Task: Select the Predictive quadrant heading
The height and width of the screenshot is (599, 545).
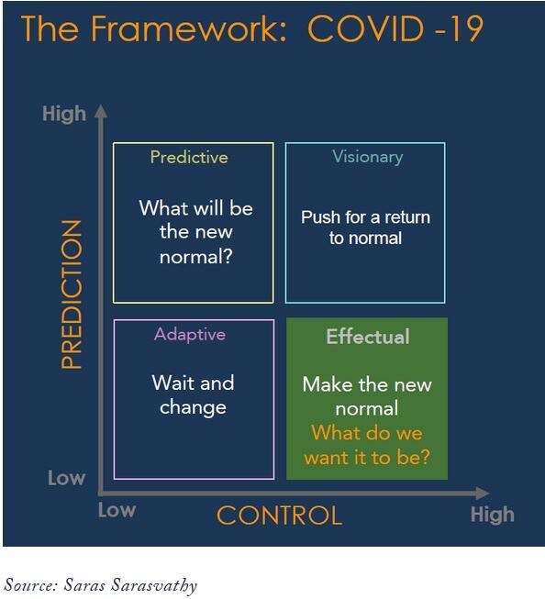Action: click(x=189, y=157)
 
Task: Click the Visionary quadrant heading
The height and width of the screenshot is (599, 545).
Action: click(x=367, y=157)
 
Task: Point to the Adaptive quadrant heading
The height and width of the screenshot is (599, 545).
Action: click(x=190, y=334)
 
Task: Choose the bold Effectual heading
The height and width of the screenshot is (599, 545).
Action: click(x=367, y=337)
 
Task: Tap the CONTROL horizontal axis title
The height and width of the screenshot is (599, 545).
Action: click(x=279, y=515)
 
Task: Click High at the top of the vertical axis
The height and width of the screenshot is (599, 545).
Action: click(x=63, y=114)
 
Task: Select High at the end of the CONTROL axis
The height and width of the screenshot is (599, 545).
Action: click(x=492, y=514)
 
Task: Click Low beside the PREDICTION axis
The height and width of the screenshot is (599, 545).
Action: click(x=66, y=478)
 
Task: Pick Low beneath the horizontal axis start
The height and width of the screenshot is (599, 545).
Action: click(x=117, y=510)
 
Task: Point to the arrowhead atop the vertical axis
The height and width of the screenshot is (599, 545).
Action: click(x=101, y=112)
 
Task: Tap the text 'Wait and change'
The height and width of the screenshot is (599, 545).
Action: click(x=193, y=394)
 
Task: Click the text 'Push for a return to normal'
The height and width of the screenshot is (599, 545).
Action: click(x=365, y=227)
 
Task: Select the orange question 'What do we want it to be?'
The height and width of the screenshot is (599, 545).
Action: click(x=367, y=445)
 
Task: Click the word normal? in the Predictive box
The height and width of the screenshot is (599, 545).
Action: click(x=195, y=257)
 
